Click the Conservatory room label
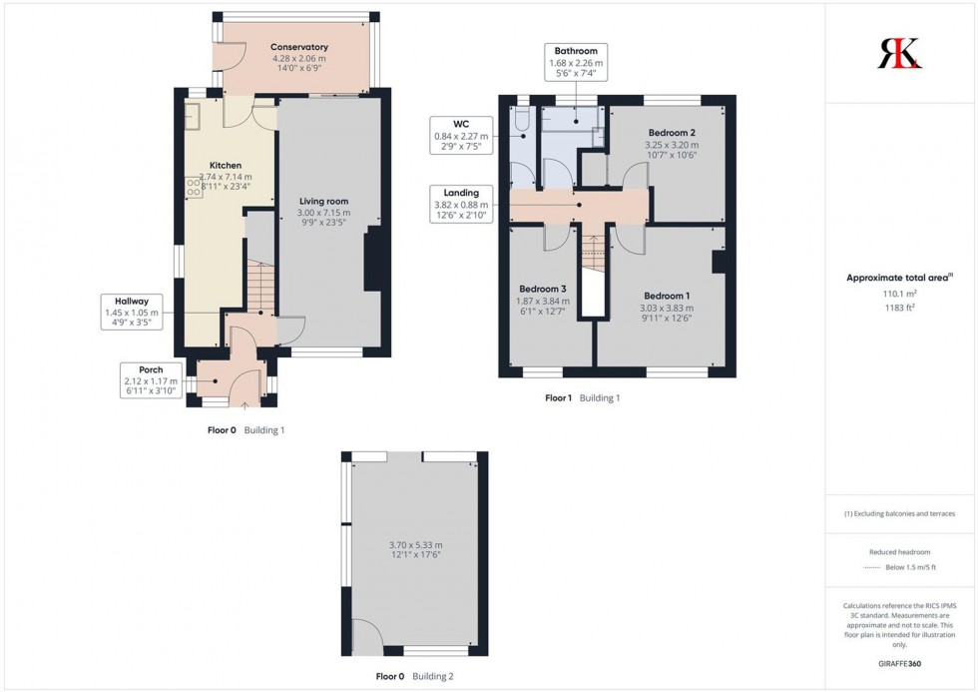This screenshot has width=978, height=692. [299, 47]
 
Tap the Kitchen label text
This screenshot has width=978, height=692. [225, 165]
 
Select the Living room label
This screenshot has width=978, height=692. [323, 201]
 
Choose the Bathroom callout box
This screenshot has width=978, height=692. [576, 62]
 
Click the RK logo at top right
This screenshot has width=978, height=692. [900, 52]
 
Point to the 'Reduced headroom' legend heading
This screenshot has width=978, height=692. [900, 551]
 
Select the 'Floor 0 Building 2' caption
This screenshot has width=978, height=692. [414, 676]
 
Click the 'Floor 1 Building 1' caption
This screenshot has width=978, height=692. [582, 398]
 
